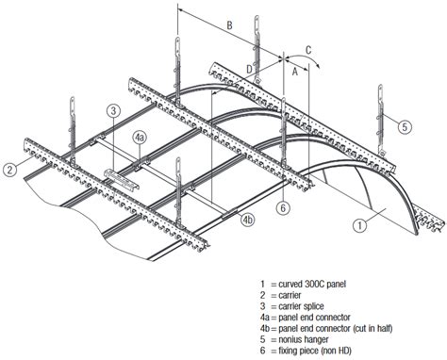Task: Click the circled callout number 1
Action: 358,225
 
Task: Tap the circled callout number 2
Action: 9,170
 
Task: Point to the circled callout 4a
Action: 139,138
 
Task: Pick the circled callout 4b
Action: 247,220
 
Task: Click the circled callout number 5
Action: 404,125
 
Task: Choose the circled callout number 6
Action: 282,208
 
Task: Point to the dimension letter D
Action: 249,68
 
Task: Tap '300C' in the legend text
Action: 322,283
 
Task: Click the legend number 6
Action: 262,348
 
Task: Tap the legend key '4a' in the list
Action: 265,316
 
